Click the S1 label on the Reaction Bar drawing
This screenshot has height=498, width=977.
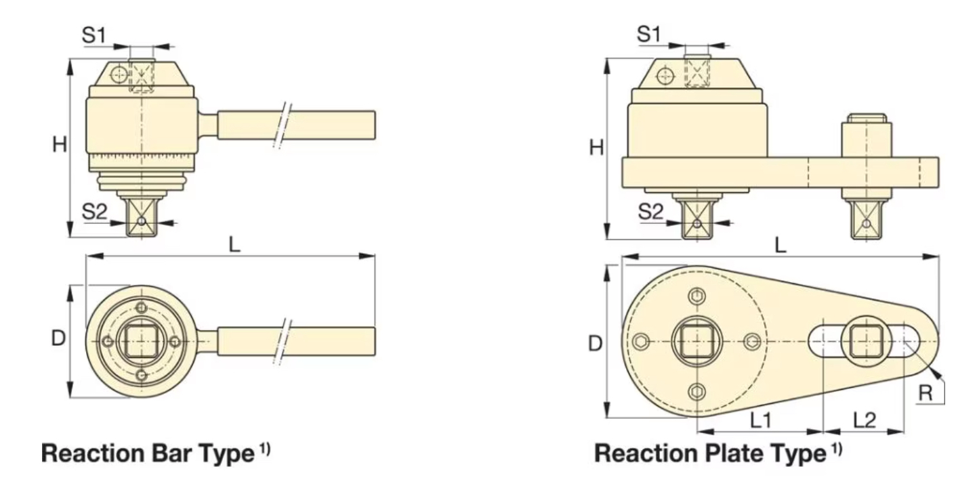click(94, 37)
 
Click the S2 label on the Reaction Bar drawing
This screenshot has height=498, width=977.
click(94, 212)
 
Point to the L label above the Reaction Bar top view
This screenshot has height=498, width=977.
click(234, 245)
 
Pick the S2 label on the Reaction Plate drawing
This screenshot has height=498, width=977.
click(651, 212)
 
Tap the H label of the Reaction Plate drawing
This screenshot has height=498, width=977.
click(596, 148)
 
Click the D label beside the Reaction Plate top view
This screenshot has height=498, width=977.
click(595, 344)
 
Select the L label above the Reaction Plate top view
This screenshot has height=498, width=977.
click(781, 245)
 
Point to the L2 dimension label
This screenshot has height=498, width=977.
click(864, 420)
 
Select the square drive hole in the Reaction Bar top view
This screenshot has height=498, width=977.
click(141, 340)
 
